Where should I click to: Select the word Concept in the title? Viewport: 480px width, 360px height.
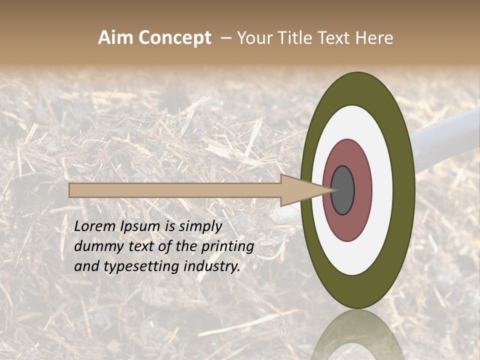(x=175, y=38)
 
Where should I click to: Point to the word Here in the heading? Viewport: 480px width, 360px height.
(x=374, y=38)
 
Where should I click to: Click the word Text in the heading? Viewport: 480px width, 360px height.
(x=337, y=38)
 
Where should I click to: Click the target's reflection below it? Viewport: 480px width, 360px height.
(x=357, y=335)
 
